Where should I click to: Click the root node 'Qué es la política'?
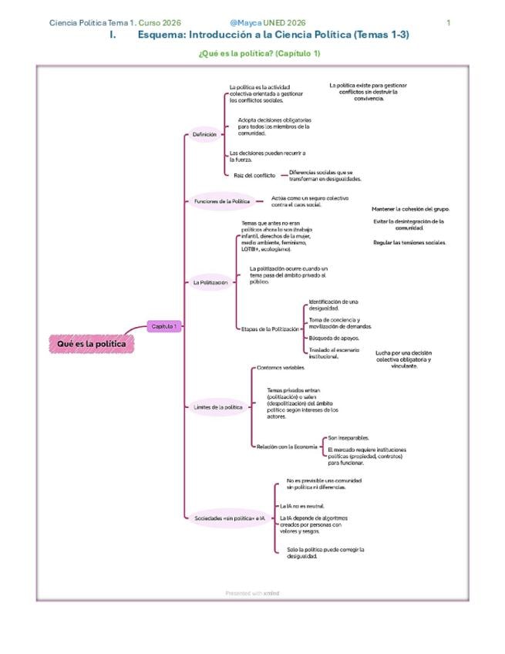[91, 343]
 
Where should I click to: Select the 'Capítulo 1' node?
[163, 326]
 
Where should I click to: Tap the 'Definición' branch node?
[204, 134]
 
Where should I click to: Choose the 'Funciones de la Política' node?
[221, 201]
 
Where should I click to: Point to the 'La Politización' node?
[210, 283]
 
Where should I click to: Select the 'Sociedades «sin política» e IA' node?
[229, 518]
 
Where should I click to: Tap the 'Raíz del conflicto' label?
[254, 175]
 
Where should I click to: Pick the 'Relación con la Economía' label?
[286, 447]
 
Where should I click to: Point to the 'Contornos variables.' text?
[281, 368]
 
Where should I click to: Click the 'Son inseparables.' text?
[348, 437]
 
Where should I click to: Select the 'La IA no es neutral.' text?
[301, 506]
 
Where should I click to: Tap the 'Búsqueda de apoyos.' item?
[333, 338]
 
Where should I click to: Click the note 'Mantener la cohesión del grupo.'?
[410, 209]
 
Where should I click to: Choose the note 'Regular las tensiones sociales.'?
[409, 242]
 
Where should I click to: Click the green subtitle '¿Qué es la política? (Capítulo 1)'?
[259, 53]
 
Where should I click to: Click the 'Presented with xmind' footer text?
[252, 593]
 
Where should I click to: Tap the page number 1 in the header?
[449, 23]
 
